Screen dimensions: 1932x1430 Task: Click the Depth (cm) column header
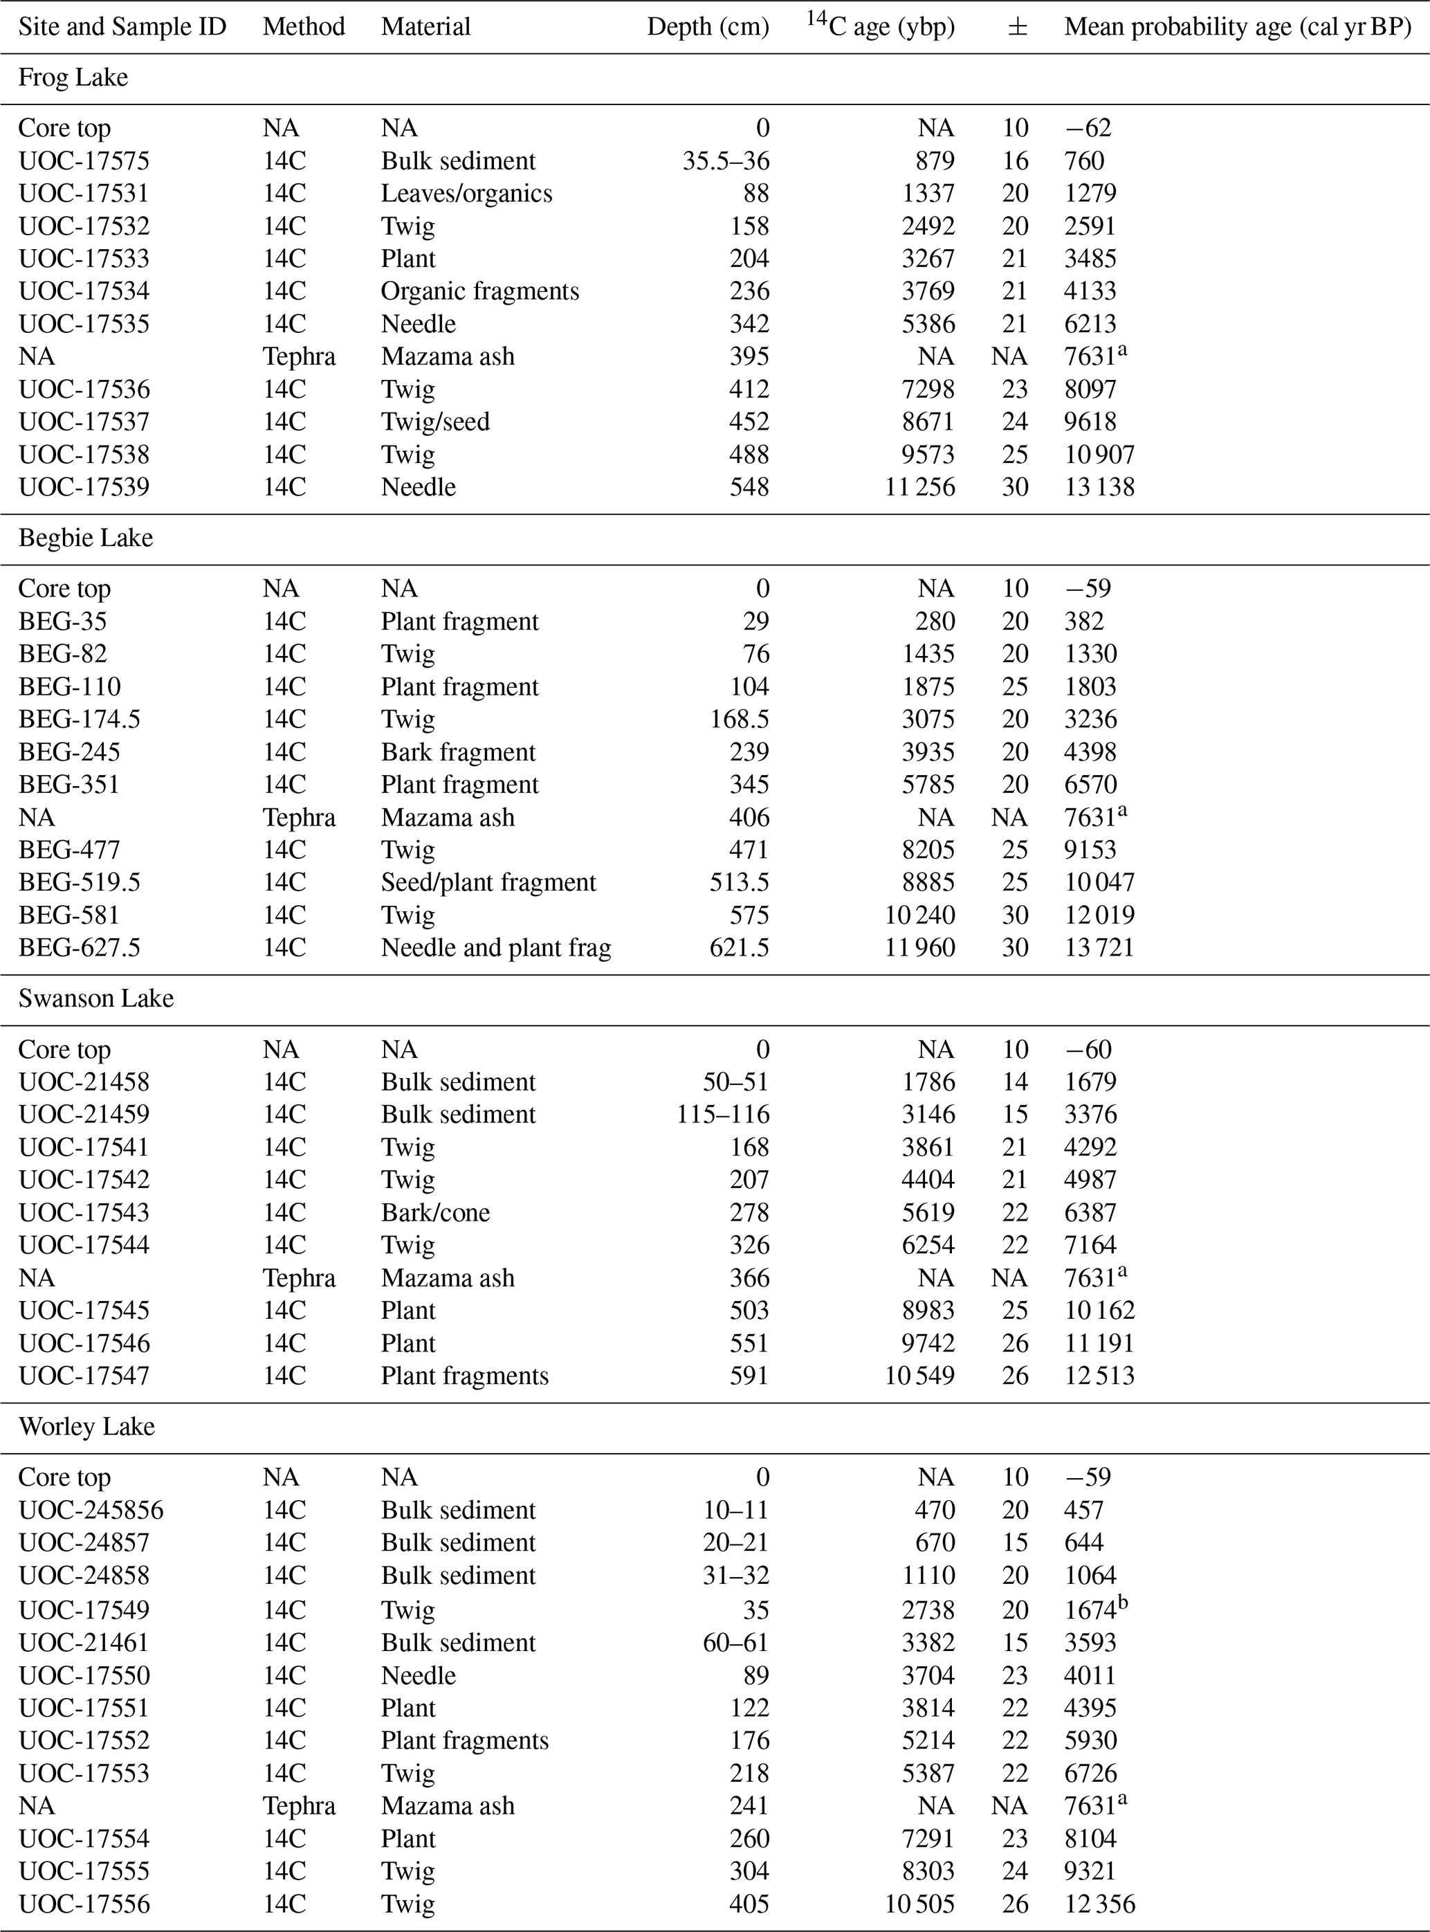pyautogui.click(x=707, y=27)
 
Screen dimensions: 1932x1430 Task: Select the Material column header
pyautogui.click(x=426, y=27)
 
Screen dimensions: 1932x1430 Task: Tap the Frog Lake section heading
pyautogui.click(x=73, y=78)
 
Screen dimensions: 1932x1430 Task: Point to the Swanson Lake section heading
pyautogui.click(x=96, y=999)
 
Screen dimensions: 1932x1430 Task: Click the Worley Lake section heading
pyautogui.click(x=86, y=1426)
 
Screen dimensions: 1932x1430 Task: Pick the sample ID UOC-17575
pyautogui.click(x=84, y=161)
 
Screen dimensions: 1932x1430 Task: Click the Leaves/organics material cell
pyautogui.click(x=466, y=193)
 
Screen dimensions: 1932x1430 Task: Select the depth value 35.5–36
pyautogui.click(x=726, y=161)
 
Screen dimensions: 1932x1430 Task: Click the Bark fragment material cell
pyautogui.click(x=458, y=752)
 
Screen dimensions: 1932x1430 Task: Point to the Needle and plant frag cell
pyautogui.click(x=496, y=948)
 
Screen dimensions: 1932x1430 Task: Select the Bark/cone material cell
pyautogui.click(x=435, y=1213)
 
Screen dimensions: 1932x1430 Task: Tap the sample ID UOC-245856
pyautogui.click(x=91, y=1511)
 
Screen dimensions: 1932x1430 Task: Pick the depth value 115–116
pyautogui.click(x=723, y=1115)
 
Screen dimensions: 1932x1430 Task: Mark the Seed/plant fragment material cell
pyautogui.click(x=488, y=883)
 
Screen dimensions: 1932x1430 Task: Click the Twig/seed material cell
pyautogui.click(x=435, y=422)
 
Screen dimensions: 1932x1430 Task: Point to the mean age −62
pyautogui.click(x=1088, y=128)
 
